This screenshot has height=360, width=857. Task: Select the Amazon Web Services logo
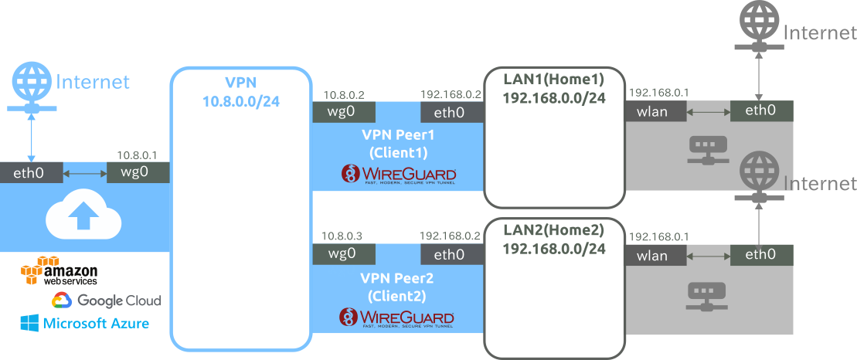tap(60, 272)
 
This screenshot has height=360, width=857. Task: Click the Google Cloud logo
tap(106, 301)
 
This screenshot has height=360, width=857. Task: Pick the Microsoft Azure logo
tap(85, 324)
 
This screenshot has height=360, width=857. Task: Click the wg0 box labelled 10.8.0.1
tap(138, 172)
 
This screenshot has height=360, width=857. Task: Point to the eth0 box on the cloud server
tap(31, 172)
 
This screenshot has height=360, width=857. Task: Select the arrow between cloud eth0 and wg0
tap(84, 172)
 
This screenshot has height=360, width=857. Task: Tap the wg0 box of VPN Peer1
tap(342, 111)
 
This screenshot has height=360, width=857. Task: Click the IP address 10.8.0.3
tap(342, 235)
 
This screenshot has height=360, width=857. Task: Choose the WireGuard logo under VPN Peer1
tap(398, 175)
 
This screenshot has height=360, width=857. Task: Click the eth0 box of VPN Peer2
tap(450, 255)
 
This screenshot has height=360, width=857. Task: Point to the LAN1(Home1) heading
tap(553, 80)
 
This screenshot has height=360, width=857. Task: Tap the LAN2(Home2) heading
tap(553, 230)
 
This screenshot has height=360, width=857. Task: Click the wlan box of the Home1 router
tap(655, 111)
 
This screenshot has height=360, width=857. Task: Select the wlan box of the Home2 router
tap(655, 255)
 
